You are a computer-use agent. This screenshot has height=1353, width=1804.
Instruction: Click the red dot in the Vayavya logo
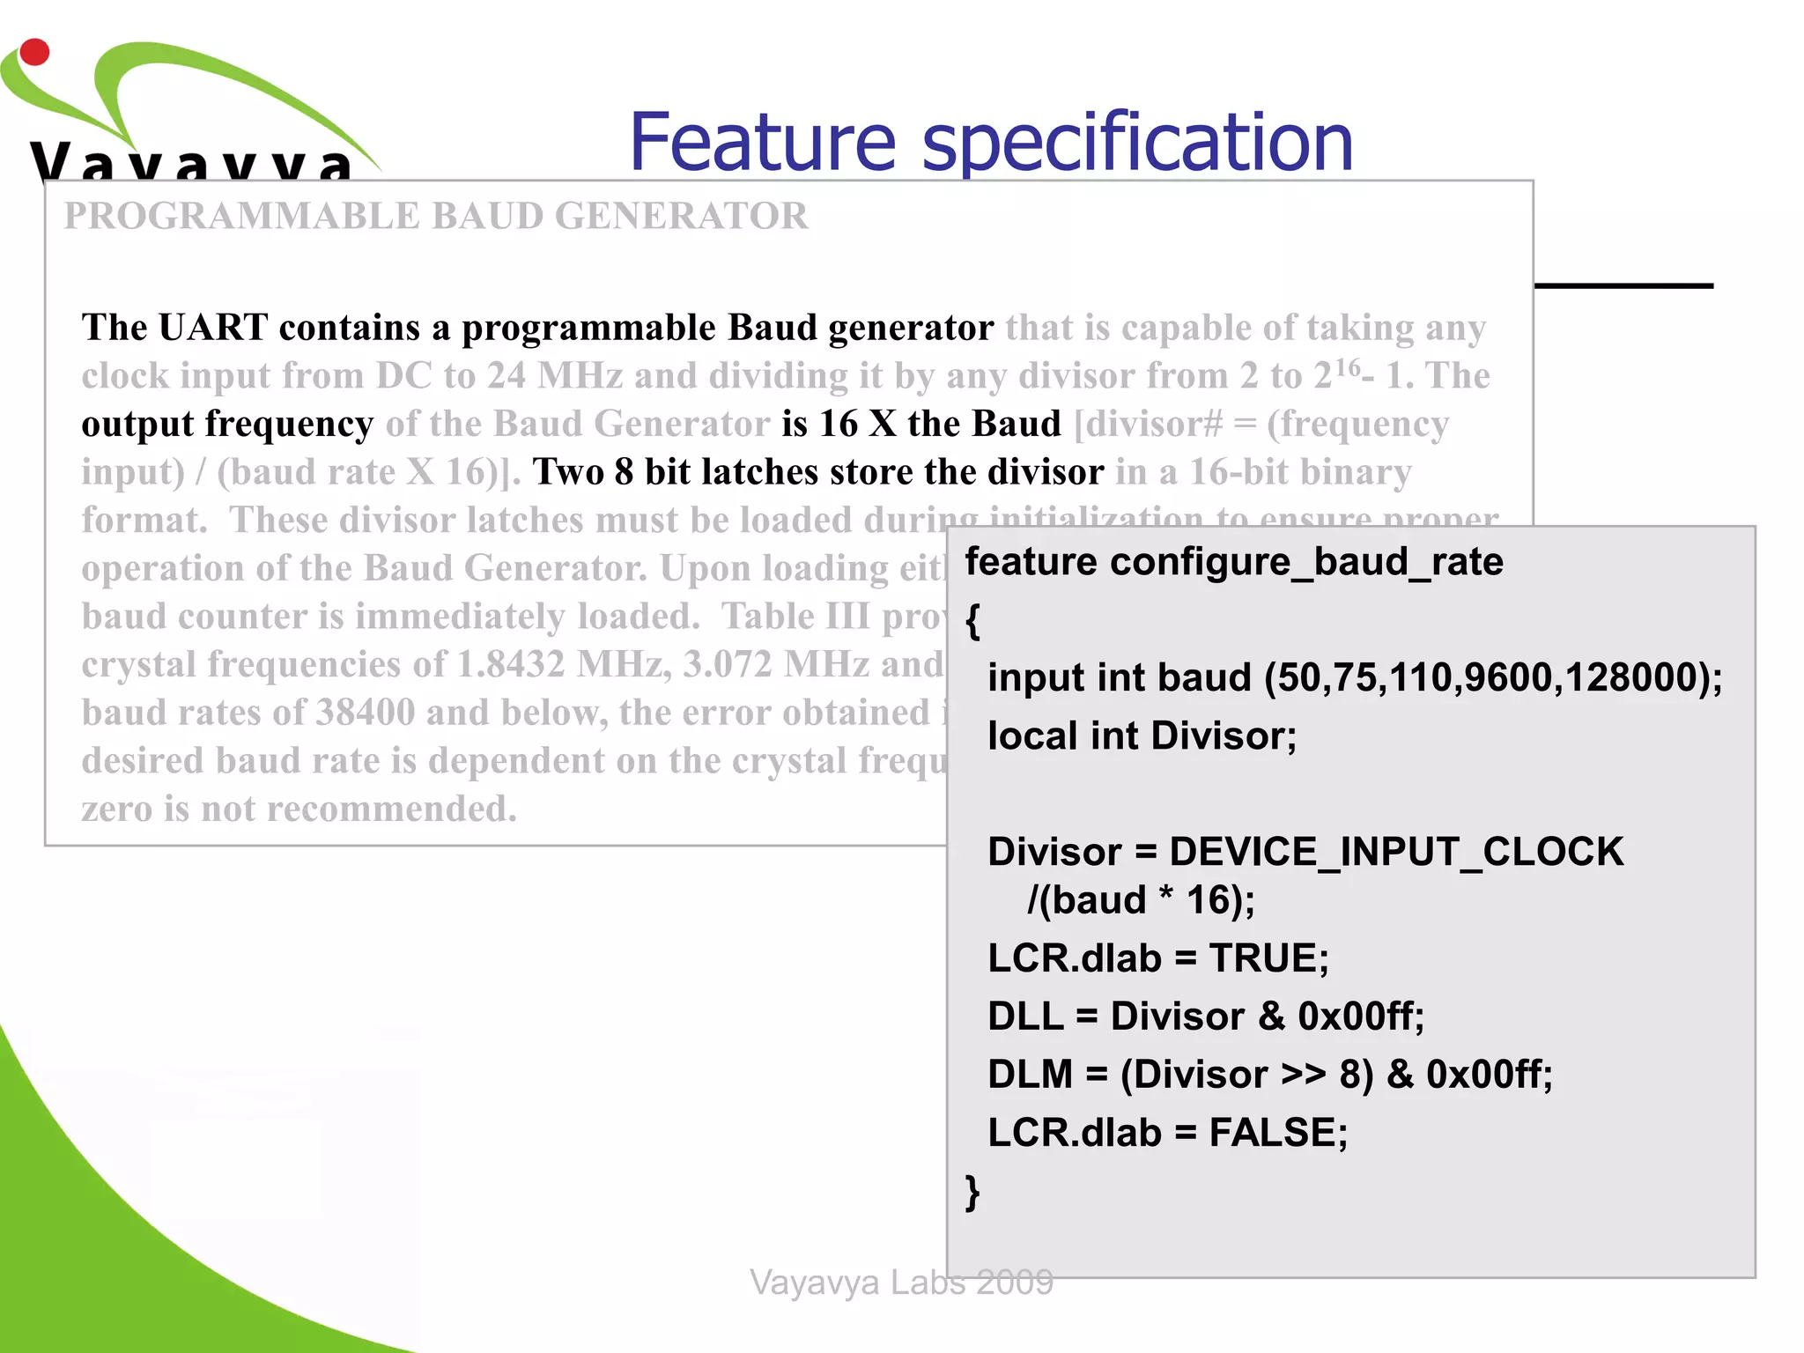34,52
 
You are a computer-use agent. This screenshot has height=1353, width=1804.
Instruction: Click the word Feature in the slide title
763,143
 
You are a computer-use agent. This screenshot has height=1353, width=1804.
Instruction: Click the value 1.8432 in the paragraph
510,664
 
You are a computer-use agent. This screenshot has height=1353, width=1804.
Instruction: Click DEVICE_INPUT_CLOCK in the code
1395,852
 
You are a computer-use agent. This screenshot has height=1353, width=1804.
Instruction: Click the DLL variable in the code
1024,1017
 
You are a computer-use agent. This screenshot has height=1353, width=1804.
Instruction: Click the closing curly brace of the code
972,1193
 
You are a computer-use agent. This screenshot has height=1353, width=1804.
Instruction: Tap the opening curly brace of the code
972,621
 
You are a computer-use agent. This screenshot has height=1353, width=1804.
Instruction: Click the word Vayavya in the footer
814,1283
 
